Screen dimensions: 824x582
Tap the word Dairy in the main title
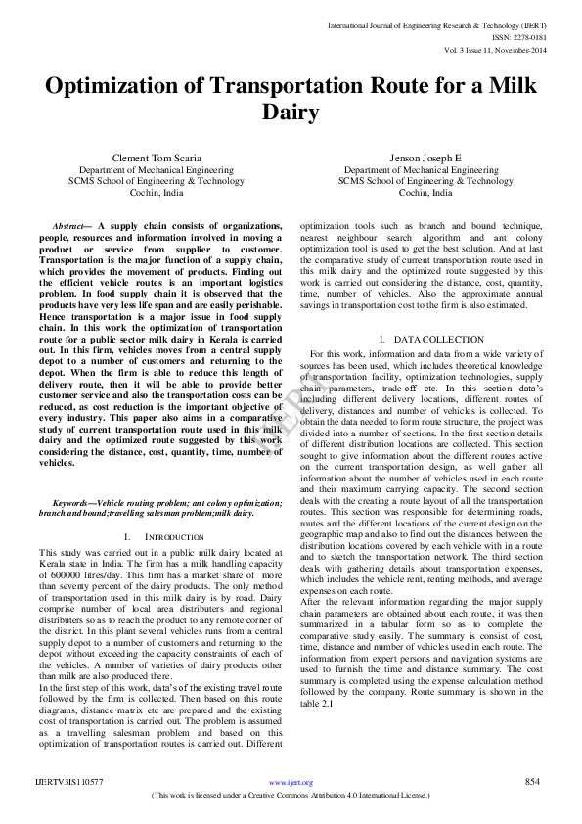pyautogui.click(x=290, y=113)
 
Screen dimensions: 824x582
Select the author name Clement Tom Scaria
pyautogui.click(x=157, y=158)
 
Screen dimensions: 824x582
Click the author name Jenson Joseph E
pyautogui.click(x=425, y=158)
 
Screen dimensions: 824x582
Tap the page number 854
pyautogui.click(x=532, y=782)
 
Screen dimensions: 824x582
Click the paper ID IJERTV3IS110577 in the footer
pyautogui.click(x=69, y=783)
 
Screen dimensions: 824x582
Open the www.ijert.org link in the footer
pyautogui.click(x=291, y=783)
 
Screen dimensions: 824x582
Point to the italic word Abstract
pyautogui.click(x=67, y=226)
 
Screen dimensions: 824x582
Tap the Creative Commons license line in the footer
pyautogui.click(x=291, y=796)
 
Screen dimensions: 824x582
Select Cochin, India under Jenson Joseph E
pyautogui.click(x=425, y=193)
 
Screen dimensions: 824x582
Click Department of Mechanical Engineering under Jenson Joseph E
pyautogui.click(x=425, y=169)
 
